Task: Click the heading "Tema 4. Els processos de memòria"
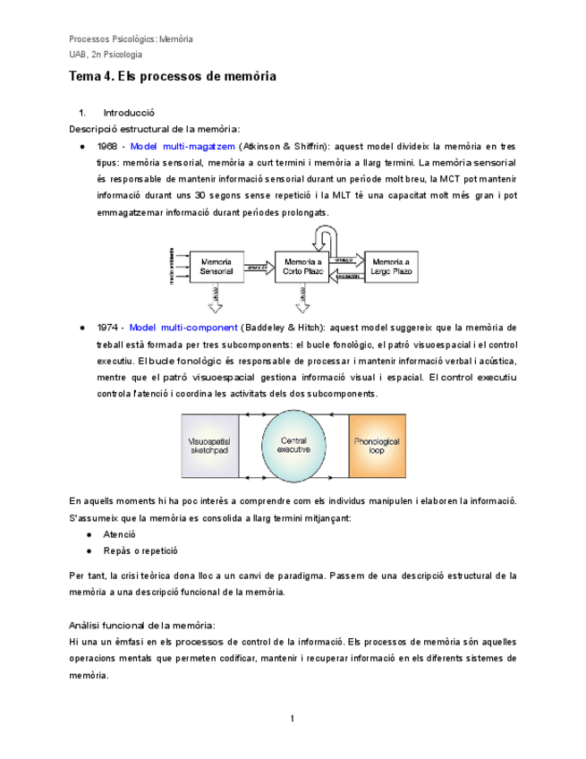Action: point(173,77)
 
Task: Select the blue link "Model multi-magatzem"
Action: point(183,146)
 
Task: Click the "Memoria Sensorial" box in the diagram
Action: point(216,267)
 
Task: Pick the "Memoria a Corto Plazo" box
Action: point(301,267)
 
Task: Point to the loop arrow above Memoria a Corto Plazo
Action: point(325,236)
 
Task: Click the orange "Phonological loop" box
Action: point(376,446)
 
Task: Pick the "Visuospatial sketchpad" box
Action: point(211,446)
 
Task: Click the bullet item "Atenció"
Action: point(120,534)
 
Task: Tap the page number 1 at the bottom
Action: point(293,719)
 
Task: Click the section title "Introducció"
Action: point(130,114)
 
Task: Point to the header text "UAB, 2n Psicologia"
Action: point(106,55)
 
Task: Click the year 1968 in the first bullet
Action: point(107,146)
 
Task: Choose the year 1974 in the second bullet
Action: point(107,328)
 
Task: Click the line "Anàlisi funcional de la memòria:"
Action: point(141,625)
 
